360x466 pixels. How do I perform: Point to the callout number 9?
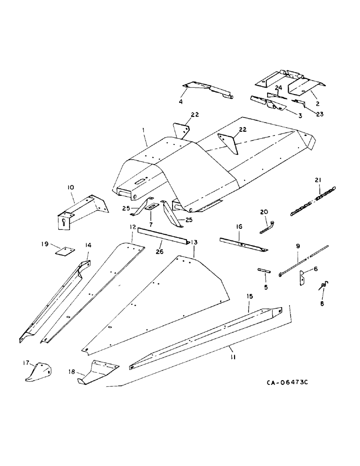(x=298, y=246)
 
